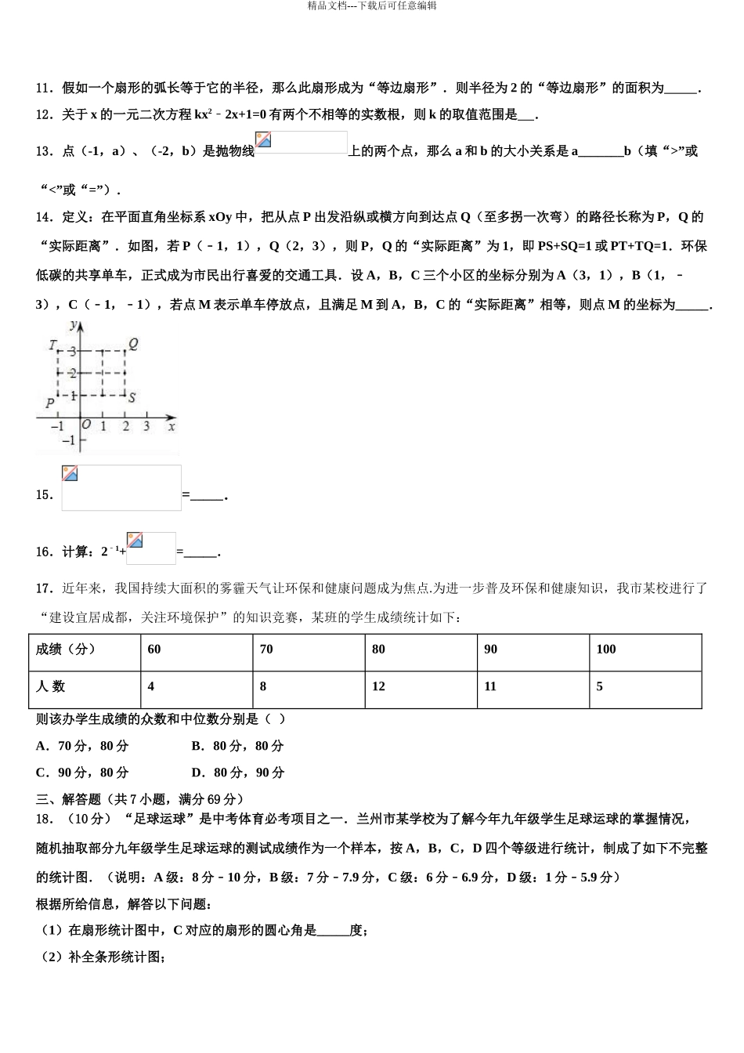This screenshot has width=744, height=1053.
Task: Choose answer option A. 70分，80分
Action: (82, 746)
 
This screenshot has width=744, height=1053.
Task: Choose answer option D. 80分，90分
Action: (238, 773)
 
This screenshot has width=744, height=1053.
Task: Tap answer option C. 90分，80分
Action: (82, 773)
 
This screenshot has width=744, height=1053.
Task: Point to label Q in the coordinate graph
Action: (133, 343)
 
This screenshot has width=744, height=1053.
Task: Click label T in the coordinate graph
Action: (52, 345)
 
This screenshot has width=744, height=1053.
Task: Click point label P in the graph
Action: (49, 403)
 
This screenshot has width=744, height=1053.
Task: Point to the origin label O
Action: (86, 425)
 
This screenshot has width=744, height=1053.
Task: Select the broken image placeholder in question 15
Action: (121, 488)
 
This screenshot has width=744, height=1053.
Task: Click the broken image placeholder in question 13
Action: (301, 143)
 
